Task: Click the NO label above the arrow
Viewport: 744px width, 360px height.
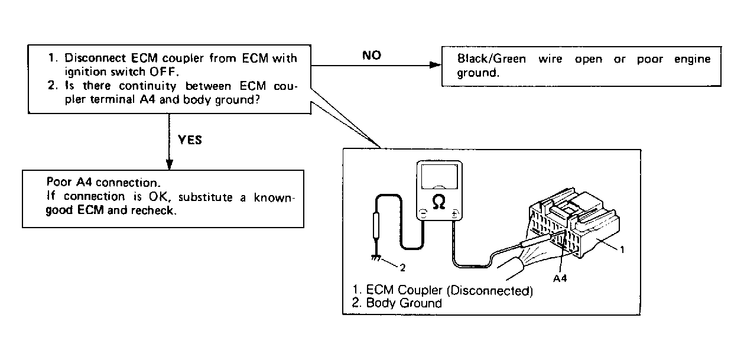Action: coord(372,56)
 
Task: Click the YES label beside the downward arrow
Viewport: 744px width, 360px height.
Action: coord(189,140)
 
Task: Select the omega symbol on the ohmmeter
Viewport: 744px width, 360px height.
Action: coord(439,202)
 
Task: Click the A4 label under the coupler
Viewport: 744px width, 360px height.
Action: coord(560,278)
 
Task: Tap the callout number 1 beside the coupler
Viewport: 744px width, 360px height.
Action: coord(622,249)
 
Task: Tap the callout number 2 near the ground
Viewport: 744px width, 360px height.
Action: coord(402,268)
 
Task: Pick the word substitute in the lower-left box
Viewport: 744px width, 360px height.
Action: coord(209,197)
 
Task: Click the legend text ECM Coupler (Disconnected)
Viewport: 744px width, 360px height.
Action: coord(450,291)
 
